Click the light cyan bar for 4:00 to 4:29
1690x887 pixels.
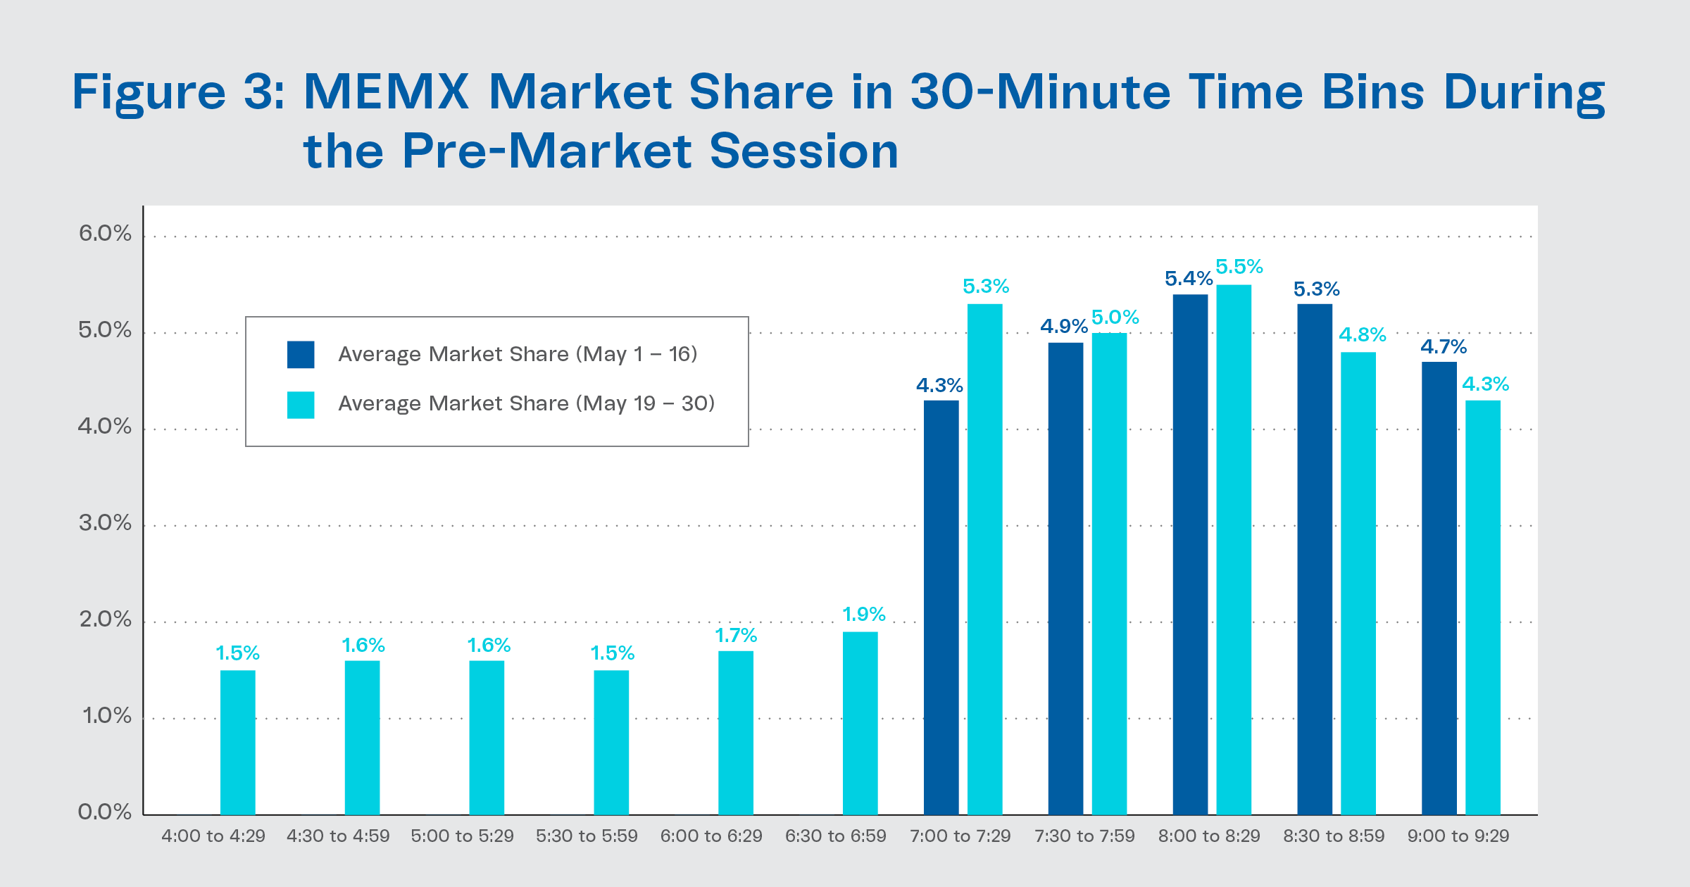tap(237, 743)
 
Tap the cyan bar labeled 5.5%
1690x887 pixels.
tap(1234, 549)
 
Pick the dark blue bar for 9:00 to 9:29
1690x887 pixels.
tap(1439, 589)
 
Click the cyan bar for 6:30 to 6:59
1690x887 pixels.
tap(860, 723)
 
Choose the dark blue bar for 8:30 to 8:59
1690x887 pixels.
tap(1315, 560)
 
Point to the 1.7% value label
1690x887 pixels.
tap(736, 636)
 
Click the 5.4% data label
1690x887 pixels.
tap(1189, 279)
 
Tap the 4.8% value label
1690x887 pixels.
tap(1362, 334)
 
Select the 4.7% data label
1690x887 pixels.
tap(1443, 346)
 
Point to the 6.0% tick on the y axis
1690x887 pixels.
tap(105, 233)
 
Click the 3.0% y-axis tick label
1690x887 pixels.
tap(105, 522)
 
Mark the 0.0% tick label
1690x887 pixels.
tap(105, 812)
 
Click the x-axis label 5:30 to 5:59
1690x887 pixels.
tap(587, 836)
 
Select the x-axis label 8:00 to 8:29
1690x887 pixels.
tap(1209, 836)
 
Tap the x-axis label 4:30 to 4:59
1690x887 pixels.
tap(338, 836)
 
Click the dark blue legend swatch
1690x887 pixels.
tap(301, 355)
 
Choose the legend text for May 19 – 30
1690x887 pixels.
tap(526, 403)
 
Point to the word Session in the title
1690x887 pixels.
tap(804, 151)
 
